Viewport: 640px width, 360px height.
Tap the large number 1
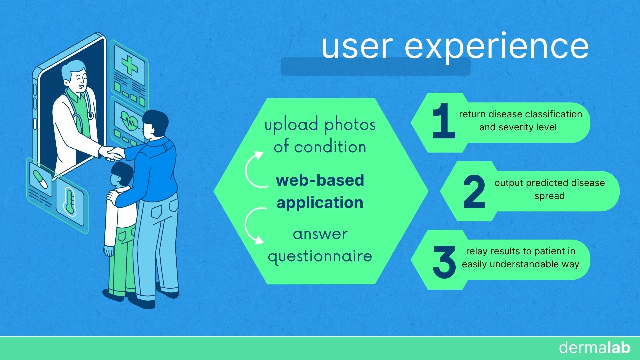click(x=444, y=121)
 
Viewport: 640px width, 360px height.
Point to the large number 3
click(x=444, y=262)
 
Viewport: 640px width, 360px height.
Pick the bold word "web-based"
click(x=320, y=180)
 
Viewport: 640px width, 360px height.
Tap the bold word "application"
click(x=320, y=203)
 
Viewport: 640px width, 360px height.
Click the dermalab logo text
click(x=595, y=348)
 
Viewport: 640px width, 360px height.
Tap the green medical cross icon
click(x=129, y=65)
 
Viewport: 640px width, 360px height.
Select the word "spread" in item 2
click(x=549, y=196)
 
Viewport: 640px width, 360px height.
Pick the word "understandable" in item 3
click(x=524, y=264)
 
